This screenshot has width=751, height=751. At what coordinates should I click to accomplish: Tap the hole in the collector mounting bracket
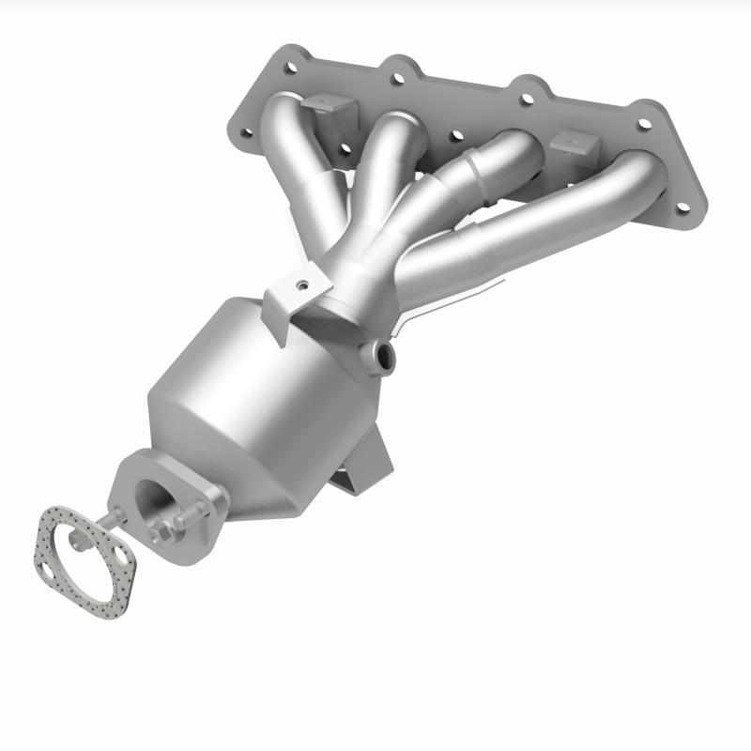pyautogui.click(x=303, y=284)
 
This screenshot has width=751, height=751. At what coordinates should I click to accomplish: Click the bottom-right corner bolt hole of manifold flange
pyautogui.click(x=682, y=207)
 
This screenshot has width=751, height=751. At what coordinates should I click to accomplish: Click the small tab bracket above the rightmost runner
pyautogui.click(x=575, y=144)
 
